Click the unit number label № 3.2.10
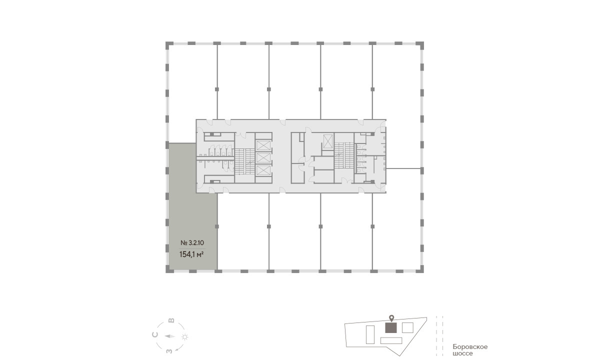[x=192, y=243]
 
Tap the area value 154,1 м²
[x=190, y=254]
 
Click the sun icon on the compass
[x=185, y=337]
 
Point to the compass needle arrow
[x=170, y=336]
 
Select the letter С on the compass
[x=154, y=334]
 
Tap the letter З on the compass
[x=169, y=350]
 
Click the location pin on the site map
[x=391, y=318]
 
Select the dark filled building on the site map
[x=391, y=328]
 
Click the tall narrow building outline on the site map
[x=370, y=334]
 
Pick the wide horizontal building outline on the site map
[x=391, y=340]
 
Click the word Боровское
[x=470, y=347]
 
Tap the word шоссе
[x=462, y=353]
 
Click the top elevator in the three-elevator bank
[x=263, y=145]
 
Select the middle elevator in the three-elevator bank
[x=263, y=158]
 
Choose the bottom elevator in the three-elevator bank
[x=263, y=170]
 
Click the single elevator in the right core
[x=327, y=141]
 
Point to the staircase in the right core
[x=344, y=155]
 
